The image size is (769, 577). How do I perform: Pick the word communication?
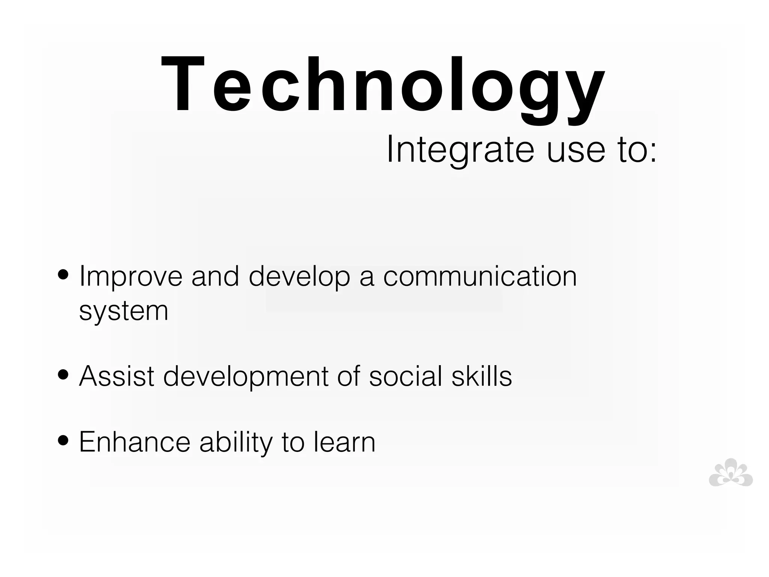click(479, 276)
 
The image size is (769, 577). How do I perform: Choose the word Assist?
click(117, 376)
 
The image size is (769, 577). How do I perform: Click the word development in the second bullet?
click(246, 377)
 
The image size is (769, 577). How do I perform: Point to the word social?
click(406, 376)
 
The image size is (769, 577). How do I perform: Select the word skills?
click(481, 376)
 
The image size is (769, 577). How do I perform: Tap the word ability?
click(236, 443)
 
